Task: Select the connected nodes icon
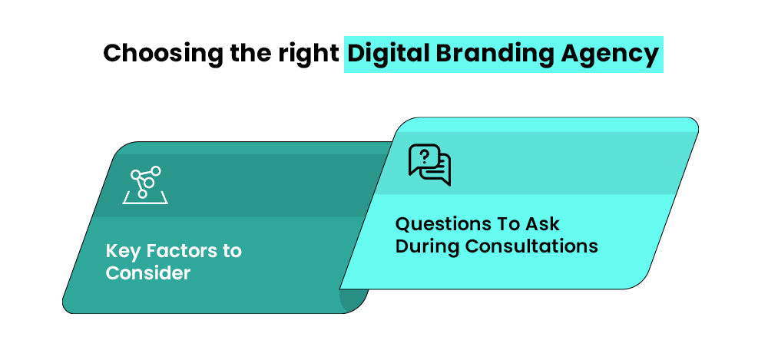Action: point(144,184)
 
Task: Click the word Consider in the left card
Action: point(147,272)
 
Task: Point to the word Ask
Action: point(542,224)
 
